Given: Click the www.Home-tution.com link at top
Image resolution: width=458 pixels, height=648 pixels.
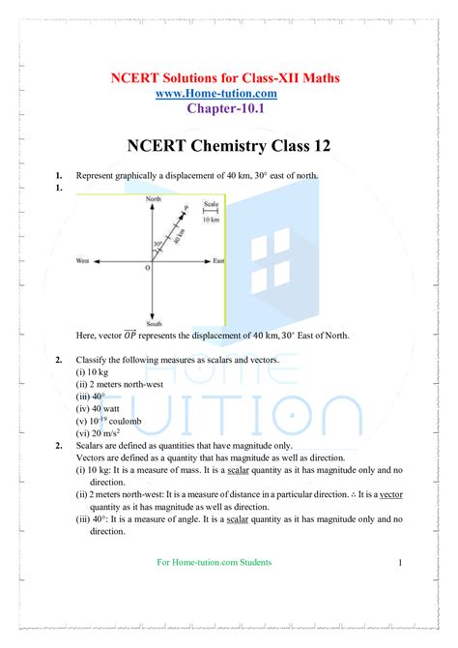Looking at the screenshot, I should click(x=229, y=93).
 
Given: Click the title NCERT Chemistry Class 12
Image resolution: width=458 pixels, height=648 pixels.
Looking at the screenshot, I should click(x=228, y=146).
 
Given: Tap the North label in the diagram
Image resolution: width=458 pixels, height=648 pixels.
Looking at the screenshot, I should click(x=153, y=198).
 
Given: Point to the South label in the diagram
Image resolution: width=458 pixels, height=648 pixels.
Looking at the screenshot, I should click(x=153, y=323).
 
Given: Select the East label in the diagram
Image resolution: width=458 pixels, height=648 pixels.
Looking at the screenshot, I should click(x=219, y=262).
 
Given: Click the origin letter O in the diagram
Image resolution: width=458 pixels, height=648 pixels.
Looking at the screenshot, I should click(x=147, y=269).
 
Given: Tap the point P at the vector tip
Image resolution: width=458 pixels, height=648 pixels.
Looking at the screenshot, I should click(x=186, y=207).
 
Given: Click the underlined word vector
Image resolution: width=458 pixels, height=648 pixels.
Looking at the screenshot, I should click(x=390, y=493).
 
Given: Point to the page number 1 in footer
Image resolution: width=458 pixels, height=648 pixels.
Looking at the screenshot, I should click(x=399, y=562).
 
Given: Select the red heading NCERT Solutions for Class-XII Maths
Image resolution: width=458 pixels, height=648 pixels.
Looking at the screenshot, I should click(x=228, y=76).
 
